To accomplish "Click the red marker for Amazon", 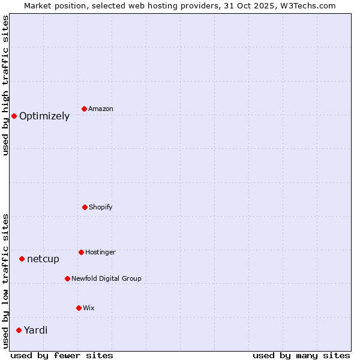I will click(85, 109).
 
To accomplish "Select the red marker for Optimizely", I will click(14, 116).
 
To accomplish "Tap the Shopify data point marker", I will click(85, 207).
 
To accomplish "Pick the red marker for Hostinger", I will click(81, 252).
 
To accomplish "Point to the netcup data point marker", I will click(22, 259).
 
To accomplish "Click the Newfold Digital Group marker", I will click(67, 278).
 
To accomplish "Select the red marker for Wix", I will click(79, 308).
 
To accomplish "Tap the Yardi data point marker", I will click(19, 330).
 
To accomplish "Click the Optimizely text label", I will click(44, 116).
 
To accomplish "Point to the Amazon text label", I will click(101, 109).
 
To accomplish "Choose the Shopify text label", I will click(101, 207).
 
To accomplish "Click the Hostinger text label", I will click(100, 252).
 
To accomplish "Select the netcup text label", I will click(43, 259).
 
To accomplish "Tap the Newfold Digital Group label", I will click(106, 278).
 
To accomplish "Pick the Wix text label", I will click(89, 308).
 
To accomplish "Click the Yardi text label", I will click(36, 330).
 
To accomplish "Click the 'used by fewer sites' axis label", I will click(62, 355).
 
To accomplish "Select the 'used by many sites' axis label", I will click(301, 355).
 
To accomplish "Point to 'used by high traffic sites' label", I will click(6, 85).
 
